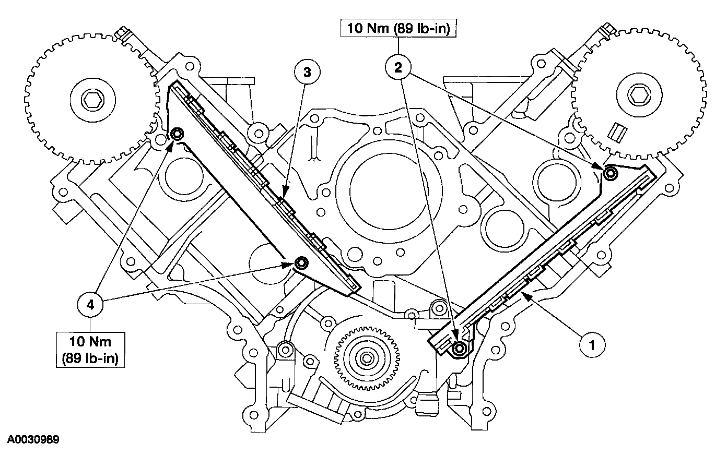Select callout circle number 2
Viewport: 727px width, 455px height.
click(x=398, y=67)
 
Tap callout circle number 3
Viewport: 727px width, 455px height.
click(x=307, y=72)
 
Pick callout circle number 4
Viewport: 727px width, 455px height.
click(x=90, y=305)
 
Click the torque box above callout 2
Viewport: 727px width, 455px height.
click(x=398, y=28)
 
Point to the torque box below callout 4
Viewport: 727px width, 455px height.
click(x=90, y=350)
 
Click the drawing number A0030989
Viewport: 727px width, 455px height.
click(x=33, y=439)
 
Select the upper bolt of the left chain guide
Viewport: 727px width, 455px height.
click(x=177, y=134)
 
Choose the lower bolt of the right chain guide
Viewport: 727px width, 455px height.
click(x=460, y=349)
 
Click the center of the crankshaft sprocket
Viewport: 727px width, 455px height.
click(x=367, y=358)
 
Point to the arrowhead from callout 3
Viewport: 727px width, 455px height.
click(x=285, y=190)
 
